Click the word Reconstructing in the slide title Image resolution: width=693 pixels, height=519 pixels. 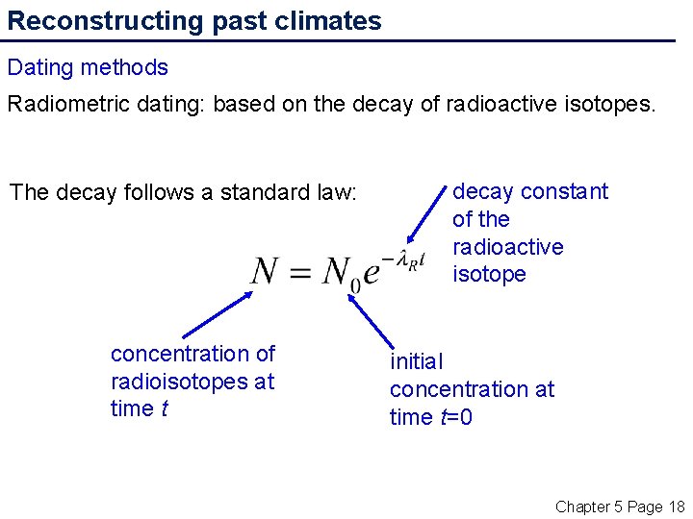[92, 21]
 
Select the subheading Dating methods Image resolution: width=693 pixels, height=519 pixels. [88, 67]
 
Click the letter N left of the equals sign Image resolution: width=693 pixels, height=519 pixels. [266, 271]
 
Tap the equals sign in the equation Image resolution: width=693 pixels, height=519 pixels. [302, 273]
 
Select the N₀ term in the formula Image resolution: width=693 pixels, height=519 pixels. [341, 274]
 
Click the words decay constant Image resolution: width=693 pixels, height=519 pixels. [529, 191]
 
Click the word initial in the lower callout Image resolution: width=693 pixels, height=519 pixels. [416, 361]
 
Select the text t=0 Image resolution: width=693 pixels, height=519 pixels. [455, 417]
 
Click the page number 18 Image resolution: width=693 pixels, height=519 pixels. [676, 507]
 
